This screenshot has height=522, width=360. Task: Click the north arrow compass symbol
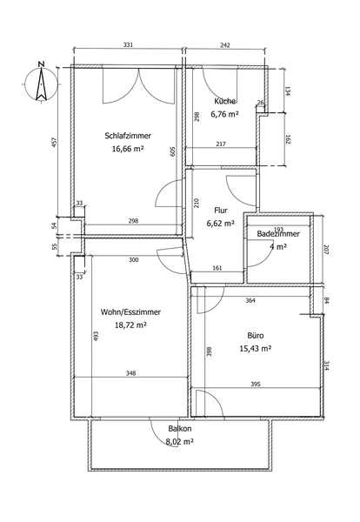(x=41, y=83)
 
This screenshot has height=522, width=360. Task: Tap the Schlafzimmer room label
(x=128, y=136)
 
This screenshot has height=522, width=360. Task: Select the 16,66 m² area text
(x=128, y=149)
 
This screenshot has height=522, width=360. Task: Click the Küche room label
(x=225, y=101)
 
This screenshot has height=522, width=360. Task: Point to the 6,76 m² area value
(x=224, y=114)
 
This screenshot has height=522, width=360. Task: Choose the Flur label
(x=221, y=211)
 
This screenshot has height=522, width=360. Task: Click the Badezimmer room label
(x=278, y=234)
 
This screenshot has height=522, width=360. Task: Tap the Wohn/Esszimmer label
(x=130, y=312)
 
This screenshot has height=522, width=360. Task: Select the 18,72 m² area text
(x=130, y=325)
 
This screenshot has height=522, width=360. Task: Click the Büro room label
(x=256, y=336)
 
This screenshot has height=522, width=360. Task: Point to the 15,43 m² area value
(x=256, y=349)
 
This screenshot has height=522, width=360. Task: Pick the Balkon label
(x=180, y=429)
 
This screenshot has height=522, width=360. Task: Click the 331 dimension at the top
(x=128, y=44)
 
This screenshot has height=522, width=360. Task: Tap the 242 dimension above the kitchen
(x=225, y=45)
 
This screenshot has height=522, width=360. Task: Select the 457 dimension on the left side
(x=56, y=143)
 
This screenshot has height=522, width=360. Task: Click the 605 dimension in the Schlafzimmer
(x=173, y=151)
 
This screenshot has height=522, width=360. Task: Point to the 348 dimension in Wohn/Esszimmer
(x=131, y=373)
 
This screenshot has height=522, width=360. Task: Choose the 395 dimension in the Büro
(x=256, y=385)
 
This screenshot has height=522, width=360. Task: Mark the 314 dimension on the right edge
(x=326, y=366)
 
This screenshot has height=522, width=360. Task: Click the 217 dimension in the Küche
(x=221, y=144)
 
